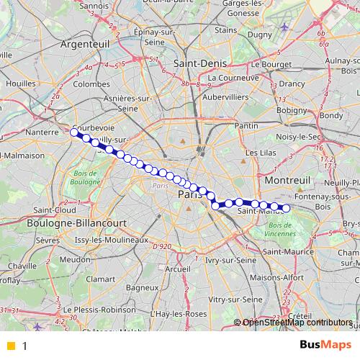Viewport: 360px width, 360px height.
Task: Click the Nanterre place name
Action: [41, 132]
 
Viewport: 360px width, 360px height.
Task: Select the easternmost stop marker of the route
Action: [286, 208]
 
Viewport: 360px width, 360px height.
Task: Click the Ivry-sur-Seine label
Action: [230, 260]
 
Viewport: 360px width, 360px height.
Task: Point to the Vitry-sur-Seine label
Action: [235, 298]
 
